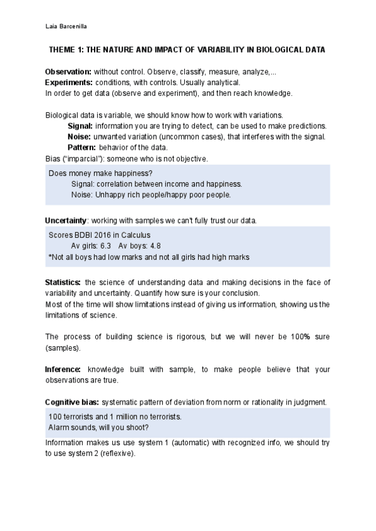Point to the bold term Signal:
pyautogui.click(x=80, y=126)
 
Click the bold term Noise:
pyautogui.click(x=79, y=137)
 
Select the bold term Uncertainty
pyautogui.click(x=66, y=220)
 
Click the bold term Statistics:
pyautogui.click(x=63, y=282)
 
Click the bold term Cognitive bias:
pyautogui.click(x=72, y=401)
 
